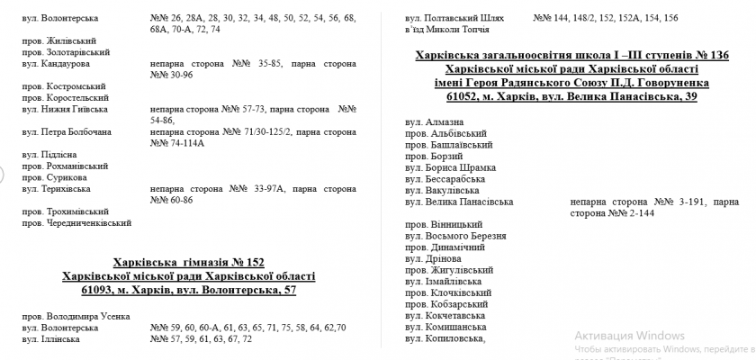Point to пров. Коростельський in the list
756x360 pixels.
point(65,97)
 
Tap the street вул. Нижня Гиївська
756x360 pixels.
point(66,109)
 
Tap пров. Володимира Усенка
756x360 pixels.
point(76,316)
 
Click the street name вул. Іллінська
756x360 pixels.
point(56,339)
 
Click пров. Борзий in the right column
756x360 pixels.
point(432,156)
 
